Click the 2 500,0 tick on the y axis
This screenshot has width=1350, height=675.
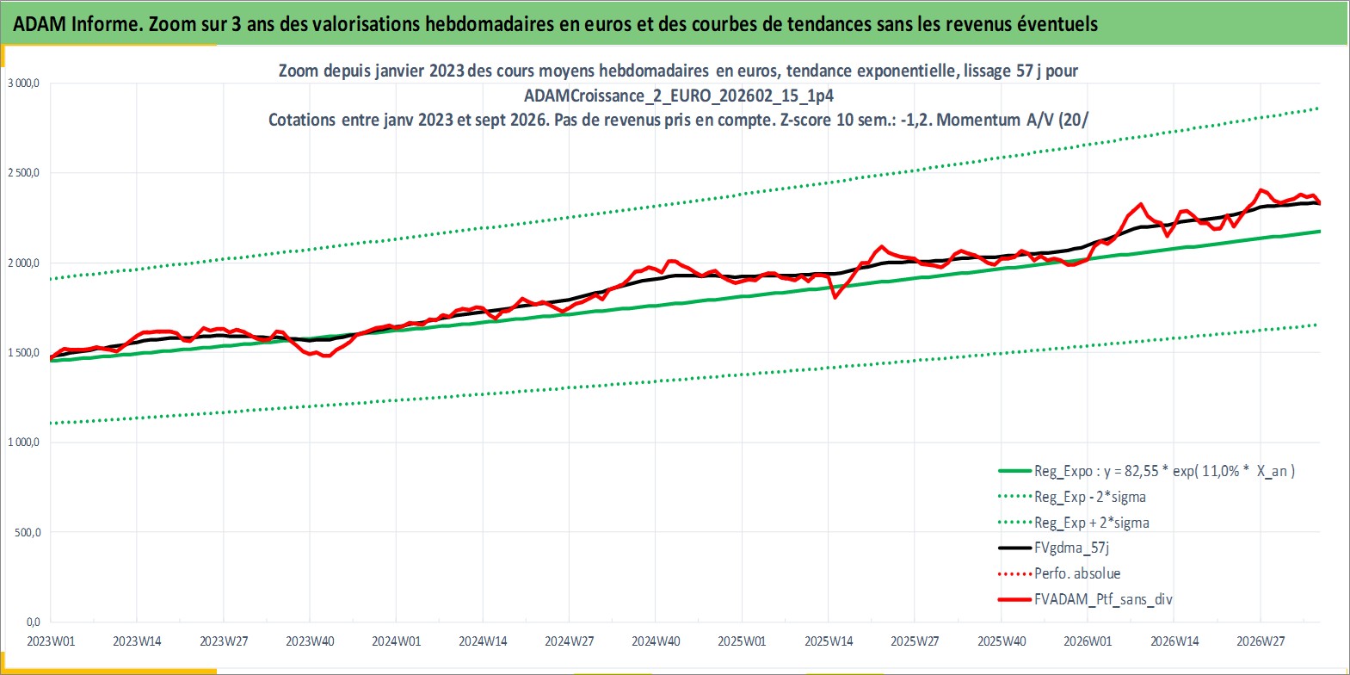[23, 173]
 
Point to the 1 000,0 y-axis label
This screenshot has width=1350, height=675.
[23, 443]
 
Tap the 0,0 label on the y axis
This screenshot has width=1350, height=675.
[34, 622]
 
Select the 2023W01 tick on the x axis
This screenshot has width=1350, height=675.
[51, 641]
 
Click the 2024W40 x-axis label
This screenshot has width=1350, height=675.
[655, 641]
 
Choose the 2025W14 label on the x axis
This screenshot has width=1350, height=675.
[828, 641]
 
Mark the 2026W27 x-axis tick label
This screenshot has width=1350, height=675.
[1261, 641]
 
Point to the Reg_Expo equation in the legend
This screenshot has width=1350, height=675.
[1164, 471]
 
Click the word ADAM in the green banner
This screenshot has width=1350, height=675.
[39, 24]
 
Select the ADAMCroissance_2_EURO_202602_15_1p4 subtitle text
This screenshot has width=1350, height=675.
[679, 96]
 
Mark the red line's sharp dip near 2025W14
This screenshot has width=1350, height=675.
[835, 297]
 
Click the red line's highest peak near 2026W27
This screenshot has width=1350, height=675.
[1261, 190]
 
